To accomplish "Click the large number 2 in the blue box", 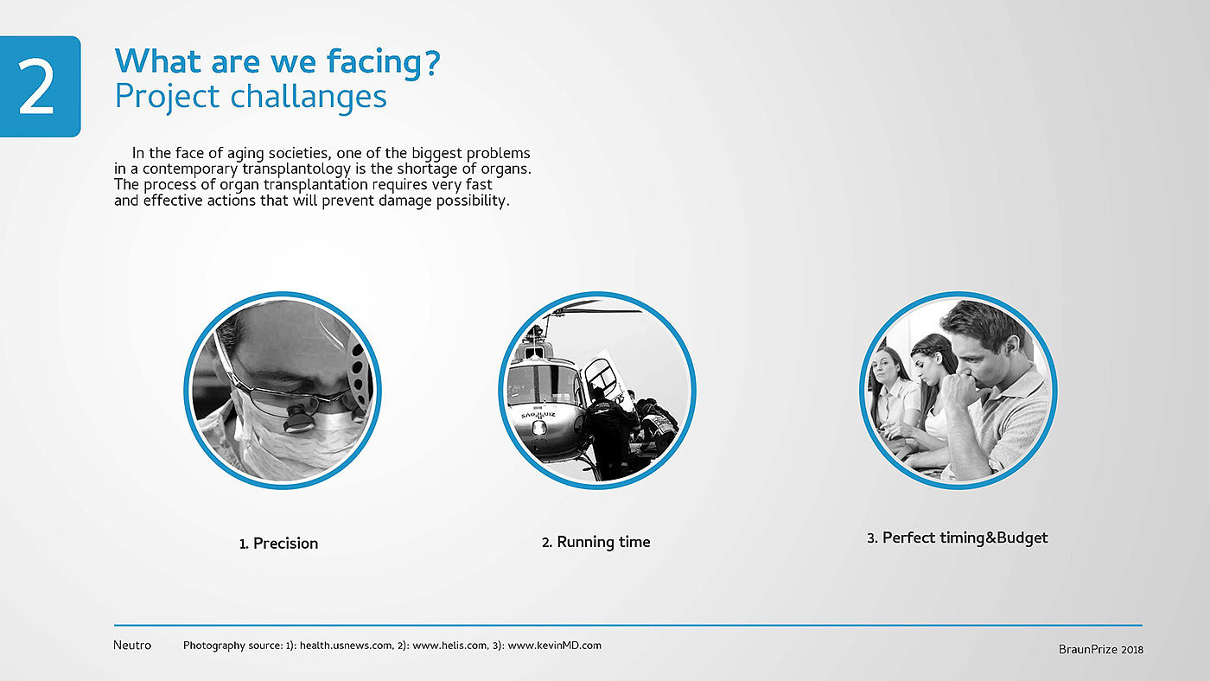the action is [36, 86].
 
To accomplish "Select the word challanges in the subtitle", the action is [309, 96].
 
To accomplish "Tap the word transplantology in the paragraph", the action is [296, 169].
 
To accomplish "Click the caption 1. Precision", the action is [278, 544].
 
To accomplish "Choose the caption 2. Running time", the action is [595, 542].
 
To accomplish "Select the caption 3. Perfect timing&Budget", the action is [958, 538].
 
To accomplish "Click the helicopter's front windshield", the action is [540, 385].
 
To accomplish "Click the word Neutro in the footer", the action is [132, 646].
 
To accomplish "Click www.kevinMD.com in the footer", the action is [554, 646].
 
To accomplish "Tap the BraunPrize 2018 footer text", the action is [1101, 649].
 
